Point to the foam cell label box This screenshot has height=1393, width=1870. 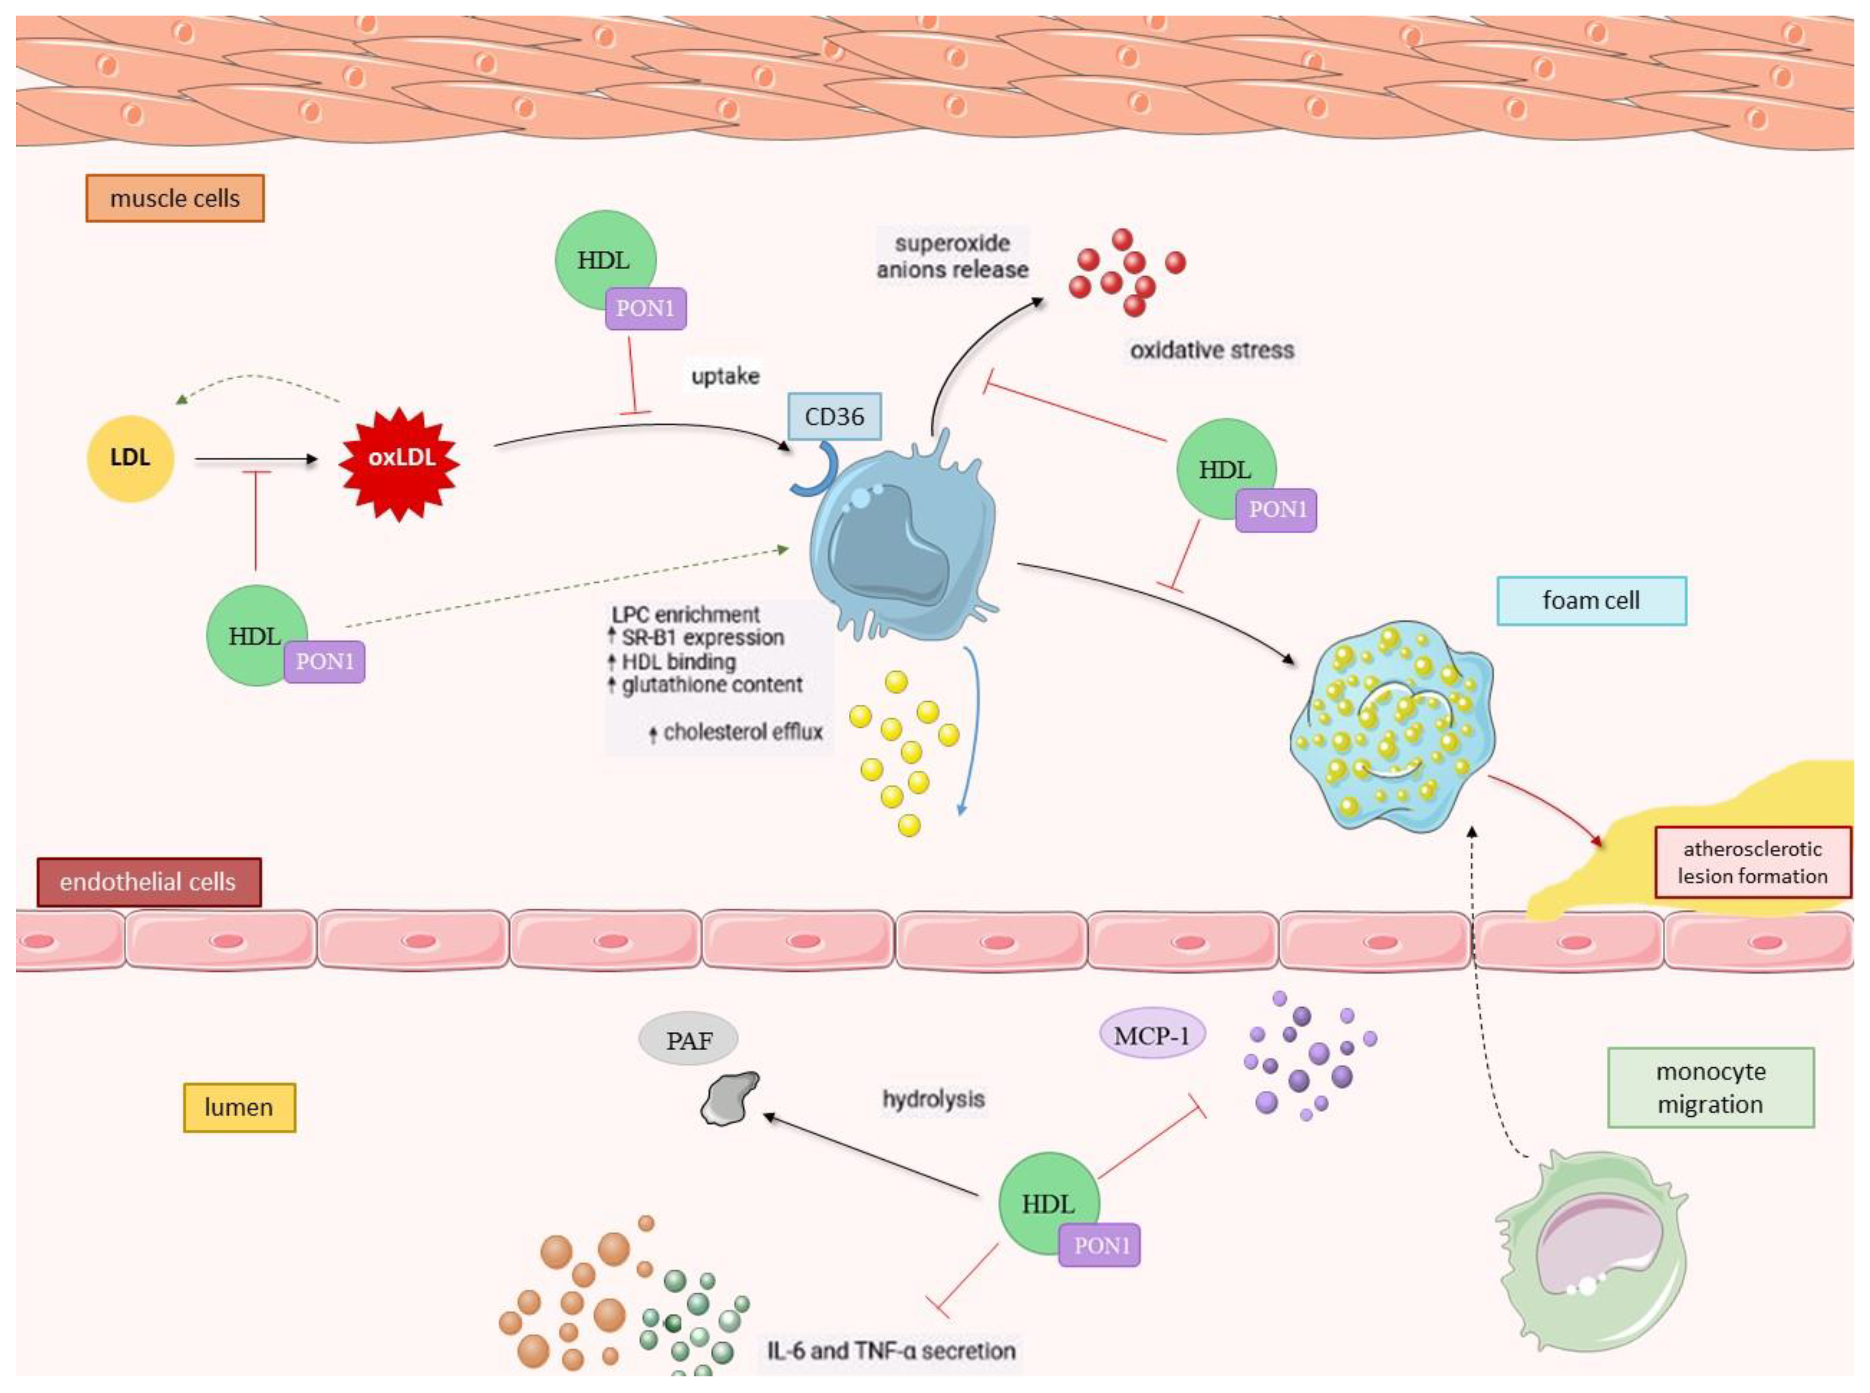tap(1591, 600)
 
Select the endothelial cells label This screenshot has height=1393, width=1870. tap(149, 882)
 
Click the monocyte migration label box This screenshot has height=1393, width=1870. tap(1710, 1087)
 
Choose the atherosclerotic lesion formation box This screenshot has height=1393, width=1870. tap(1752, 862)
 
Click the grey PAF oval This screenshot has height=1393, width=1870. tap(689, 1040)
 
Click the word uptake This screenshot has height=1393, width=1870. tap(725, 376)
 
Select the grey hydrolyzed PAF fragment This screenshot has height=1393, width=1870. tap(730, 1099)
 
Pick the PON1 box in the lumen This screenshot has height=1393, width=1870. tap(1100, 1245)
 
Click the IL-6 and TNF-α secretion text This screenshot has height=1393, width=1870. tap(891, 1350)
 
